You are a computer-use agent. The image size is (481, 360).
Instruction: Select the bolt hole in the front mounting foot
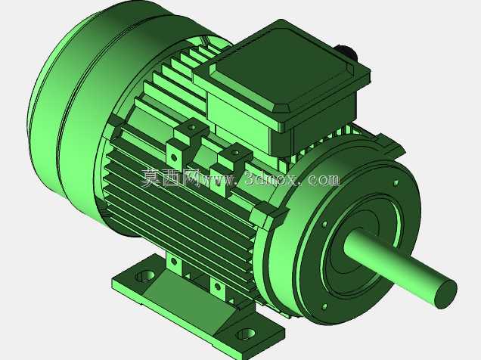(247, 334)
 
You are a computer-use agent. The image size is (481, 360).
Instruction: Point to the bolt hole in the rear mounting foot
(145, 276)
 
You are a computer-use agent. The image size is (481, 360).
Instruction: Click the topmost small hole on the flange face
(396, 183)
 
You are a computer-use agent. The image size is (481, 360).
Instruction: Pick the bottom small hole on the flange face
(324, 306)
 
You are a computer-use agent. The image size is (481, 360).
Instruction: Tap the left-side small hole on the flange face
(324, 224)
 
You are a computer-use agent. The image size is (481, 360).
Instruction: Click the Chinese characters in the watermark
(171, 178)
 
